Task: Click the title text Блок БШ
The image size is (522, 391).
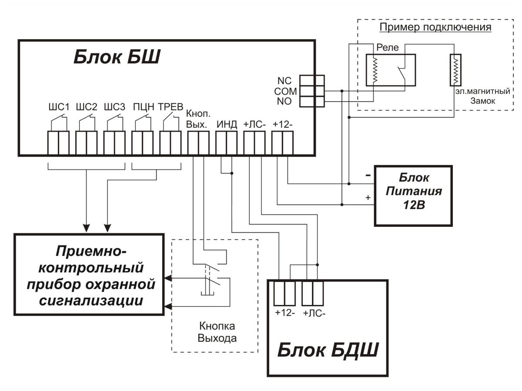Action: (116, 57)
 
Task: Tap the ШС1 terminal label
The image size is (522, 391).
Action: (58, 107)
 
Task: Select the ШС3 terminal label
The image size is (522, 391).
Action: (114, 107)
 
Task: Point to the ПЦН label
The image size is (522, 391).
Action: (143, 107)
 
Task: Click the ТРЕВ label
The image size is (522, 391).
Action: (171, 107)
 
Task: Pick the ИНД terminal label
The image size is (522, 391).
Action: (227, 125)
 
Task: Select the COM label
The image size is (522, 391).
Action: (285, 92)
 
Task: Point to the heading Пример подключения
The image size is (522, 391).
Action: (435, 27)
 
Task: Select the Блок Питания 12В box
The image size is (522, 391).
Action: (414, 195)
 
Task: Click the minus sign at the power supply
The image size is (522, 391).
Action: (368, 176)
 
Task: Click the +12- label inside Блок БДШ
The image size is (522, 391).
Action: (284, 313)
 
